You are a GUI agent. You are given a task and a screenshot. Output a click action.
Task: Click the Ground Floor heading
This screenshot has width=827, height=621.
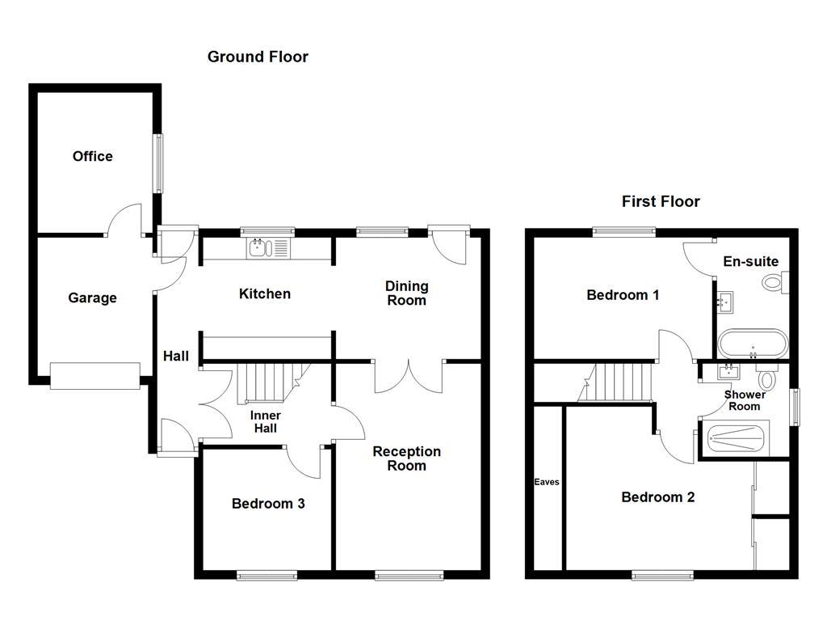[x=258, y=57]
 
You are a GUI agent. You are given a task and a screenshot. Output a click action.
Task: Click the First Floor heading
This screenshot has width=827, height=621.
[x=661, y=201]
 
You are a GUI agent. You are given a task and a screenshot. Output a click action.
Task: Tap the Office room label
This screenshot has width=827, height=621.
[x=93, y=156]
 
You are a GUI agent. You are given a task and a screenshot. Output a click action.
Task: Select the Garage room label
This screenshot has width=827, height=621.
[x=92, y=298]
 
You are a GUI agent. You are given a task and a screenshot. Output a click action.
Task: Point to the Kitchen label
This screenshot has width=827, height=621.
[x=264, y=294]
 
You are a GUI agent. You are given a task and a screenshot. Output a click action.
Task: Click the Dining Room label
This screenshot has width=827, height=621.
[x=406, y=293]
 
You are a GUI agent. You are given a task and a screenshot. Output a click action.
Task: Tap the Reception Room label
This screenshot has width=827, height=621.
[x=406, y=458]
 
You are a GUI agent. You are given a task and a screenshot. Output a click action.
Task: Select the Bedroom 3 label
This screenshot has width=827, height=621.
[x=268, y=504]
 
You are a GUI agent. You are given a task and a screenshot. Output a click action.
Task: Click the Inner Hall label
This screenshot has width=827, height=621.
[x=265, y=421]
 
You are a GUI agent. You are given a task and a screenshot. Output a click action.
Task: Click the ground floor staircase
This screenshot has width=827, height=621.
[x=267, y=382]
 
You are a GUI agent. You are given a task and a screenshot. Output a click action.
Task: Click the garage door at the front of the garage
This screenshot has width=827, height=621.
[x=94, y=376]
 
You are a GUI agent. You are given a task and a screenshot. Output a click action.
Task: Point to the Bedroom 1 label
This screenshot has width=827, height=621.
[x=623, y=295]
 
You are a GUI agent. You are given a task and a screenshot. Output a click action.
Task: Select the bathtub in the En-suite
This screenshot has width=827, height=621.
[x=752, y=344]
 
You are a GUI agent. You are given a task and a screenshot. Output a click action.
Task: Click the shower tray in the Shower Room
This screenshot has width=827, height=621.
[x=737, y=438]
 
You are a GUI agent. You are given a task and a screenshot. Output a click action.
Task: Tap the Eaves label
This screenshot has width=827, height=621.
[x=547, y=482]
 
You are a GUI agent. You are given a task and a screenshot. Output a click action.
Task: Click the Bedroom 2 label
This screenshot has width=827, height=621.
[x=657, y=497]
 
